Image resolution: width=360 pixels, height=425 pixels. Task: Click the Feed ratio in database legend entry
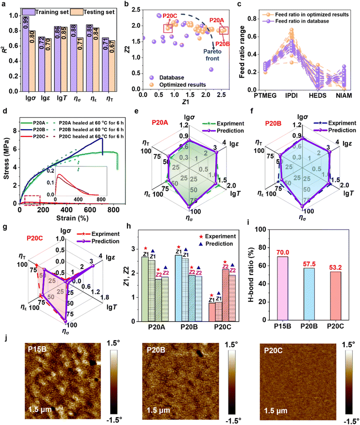coord(314,16)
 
